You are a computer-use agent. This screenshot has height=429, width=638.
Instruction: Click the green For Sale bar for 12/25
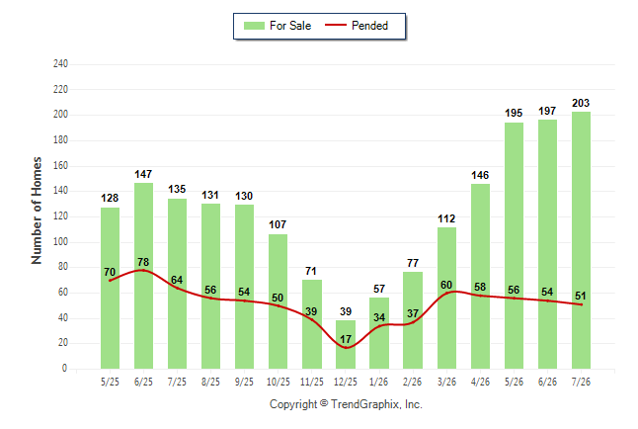pos(346,344)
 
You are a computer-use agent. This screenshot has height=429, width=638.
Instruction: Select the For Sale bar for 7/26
pos(581,240)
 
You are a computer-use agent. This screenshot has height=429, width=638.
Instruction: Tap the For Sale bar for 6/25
pos(143,276)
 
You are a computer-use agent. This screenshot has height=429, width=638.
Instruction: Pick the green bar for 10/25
pos(278,301)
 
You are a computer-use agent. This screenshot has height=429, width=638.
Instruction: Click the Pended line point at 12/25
pos(346,348)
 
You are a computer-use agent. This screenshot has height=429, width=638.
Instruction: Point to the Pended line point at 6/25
pos(143,270)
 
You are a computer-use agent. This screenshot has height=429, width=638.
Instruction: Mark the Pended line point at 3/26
pos(446,293)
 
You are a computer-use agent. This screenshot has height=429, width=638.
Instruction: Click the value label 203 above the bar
pos(581,103)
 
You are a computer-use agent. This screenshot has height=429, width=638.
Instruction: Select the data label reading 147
pos(143,174)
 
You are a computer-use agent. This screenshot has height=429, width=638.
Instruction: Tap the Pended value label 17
pos(346,339)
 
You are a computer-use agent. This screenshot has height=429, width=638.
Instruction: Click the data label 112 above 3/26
pos(446,218)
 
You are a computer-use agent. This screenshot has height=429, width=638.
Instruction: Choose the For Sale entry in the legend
pos(278,26)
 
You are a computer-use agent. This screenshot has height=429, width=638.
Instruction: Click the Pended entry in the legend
pos(357,26)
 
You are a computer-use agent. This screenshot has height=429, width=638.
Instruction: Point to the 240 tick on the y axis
pos(60,64)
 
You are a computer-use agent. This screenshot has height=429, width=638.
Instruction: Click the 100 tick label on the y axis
pos(60,241)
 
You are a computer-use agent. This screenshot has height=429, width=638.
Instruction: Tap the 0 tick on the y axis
pos(64,369)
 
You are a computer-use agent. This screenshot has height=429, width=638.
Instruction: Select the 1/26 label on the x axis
pos(379,382)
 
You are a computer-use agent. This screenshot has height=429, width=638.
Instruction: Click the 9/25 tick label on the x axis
pos(244,382)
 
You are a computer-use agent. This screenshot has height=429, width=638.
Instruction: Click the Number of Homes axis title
pos(37,211)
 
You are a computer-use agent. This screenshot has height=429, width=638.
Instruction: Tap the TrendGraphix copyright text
pos(346,404)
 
